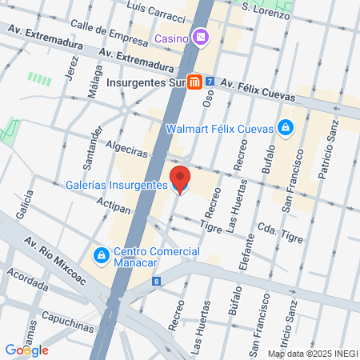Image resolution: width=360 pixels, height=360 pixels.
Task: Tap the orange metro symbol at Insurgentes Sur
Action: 194,82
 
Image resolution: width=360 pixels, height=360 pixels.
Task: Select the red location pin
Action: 180,179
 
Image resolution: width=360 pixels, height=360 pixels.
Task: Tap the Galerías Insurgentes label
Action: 117,186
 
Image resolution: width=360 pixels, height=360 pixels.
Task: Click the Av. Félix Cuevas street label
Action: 258,88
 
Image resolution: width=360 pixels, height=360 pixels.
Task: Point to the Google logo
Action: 26,350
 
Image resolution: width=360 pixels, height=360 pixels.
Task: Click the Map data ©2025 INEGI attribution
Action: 312,353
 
